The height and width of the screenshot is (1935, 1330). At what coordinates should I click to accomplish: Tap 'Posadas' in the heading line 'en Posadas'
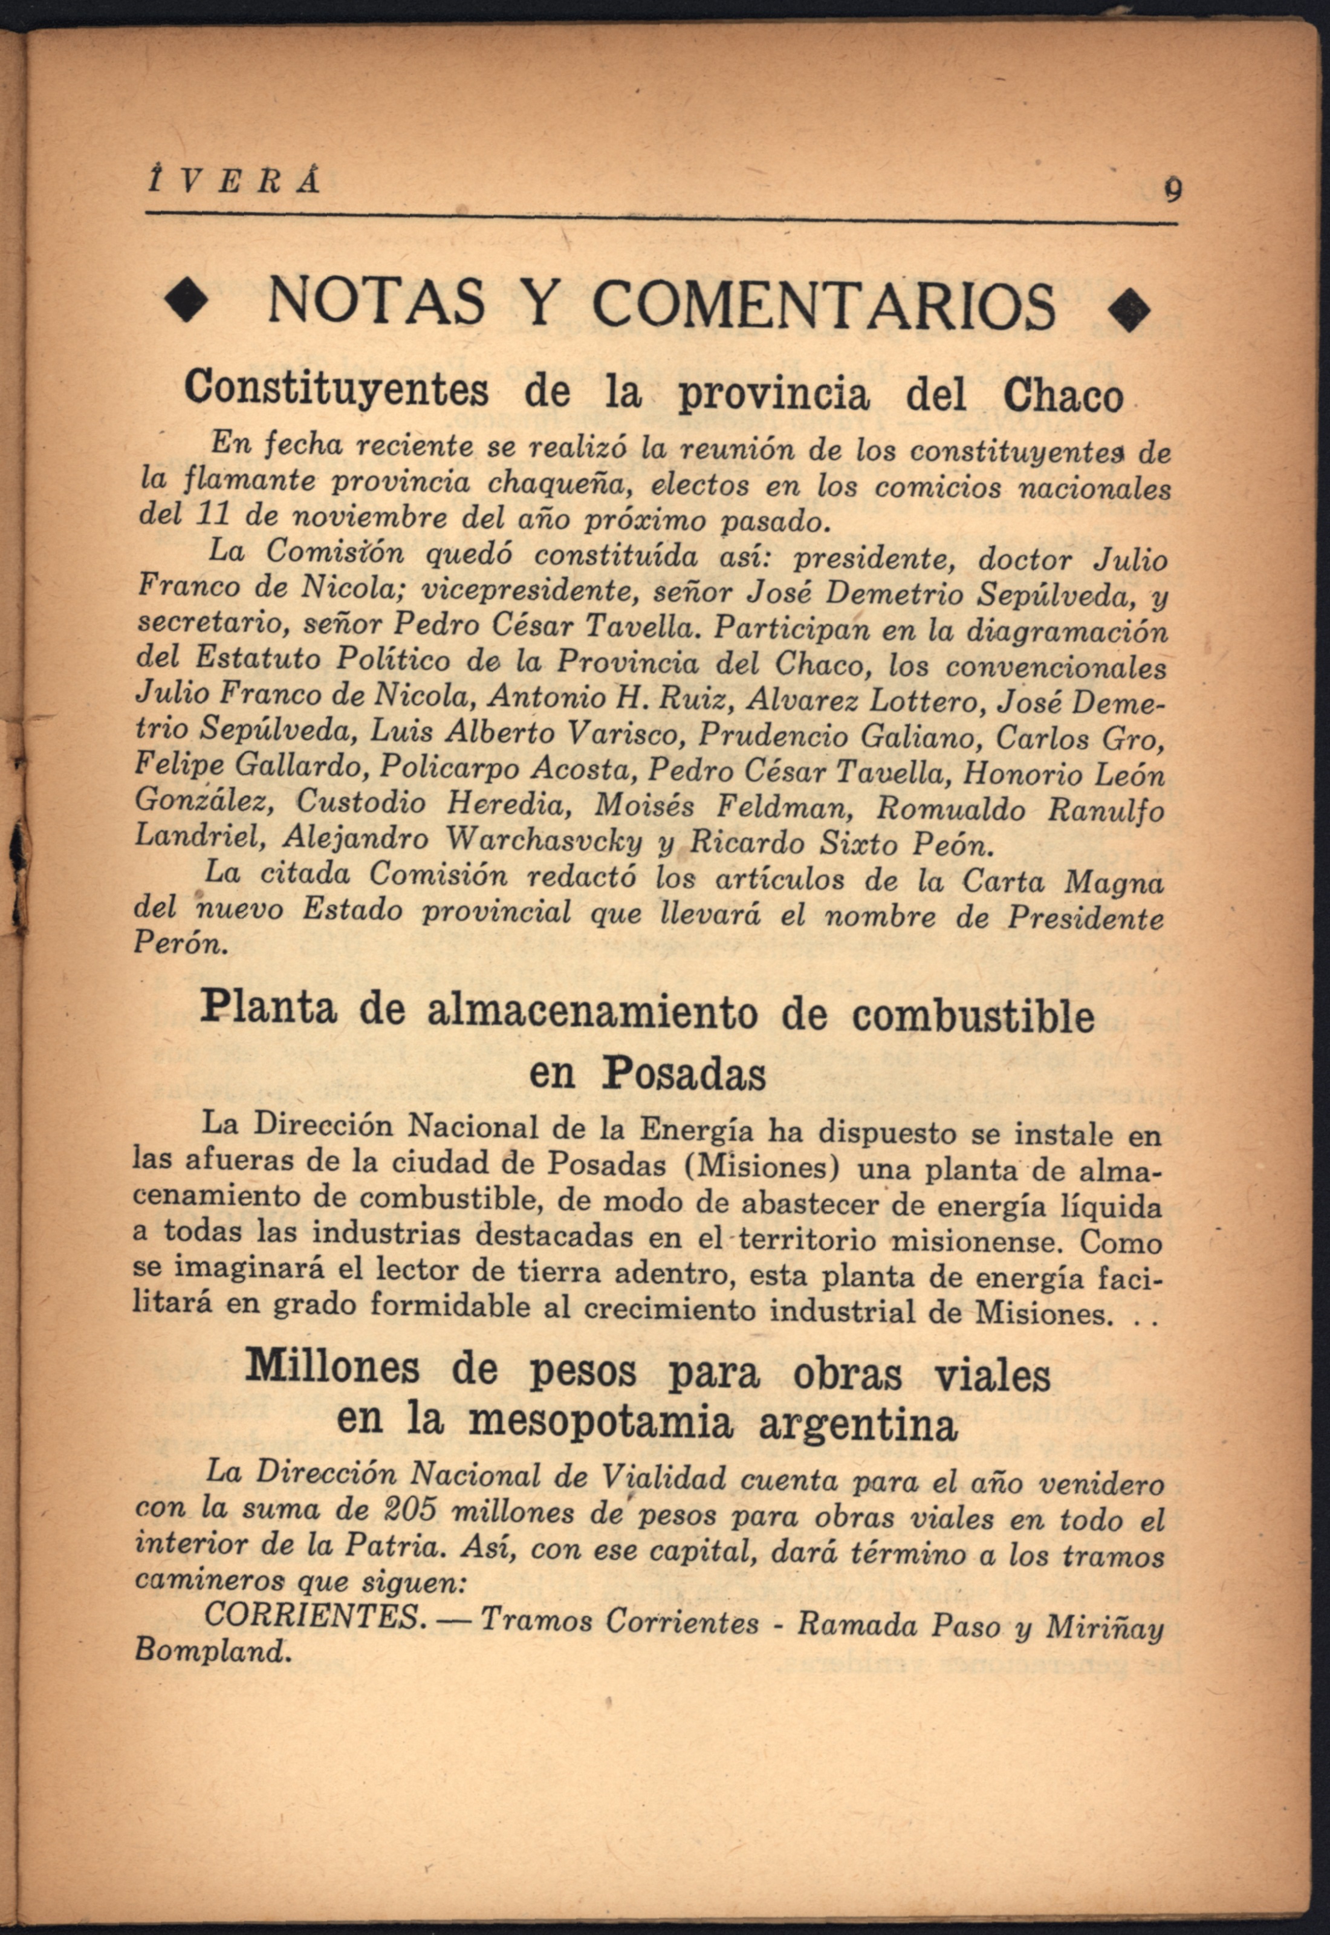click(x=685, y=1075)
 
